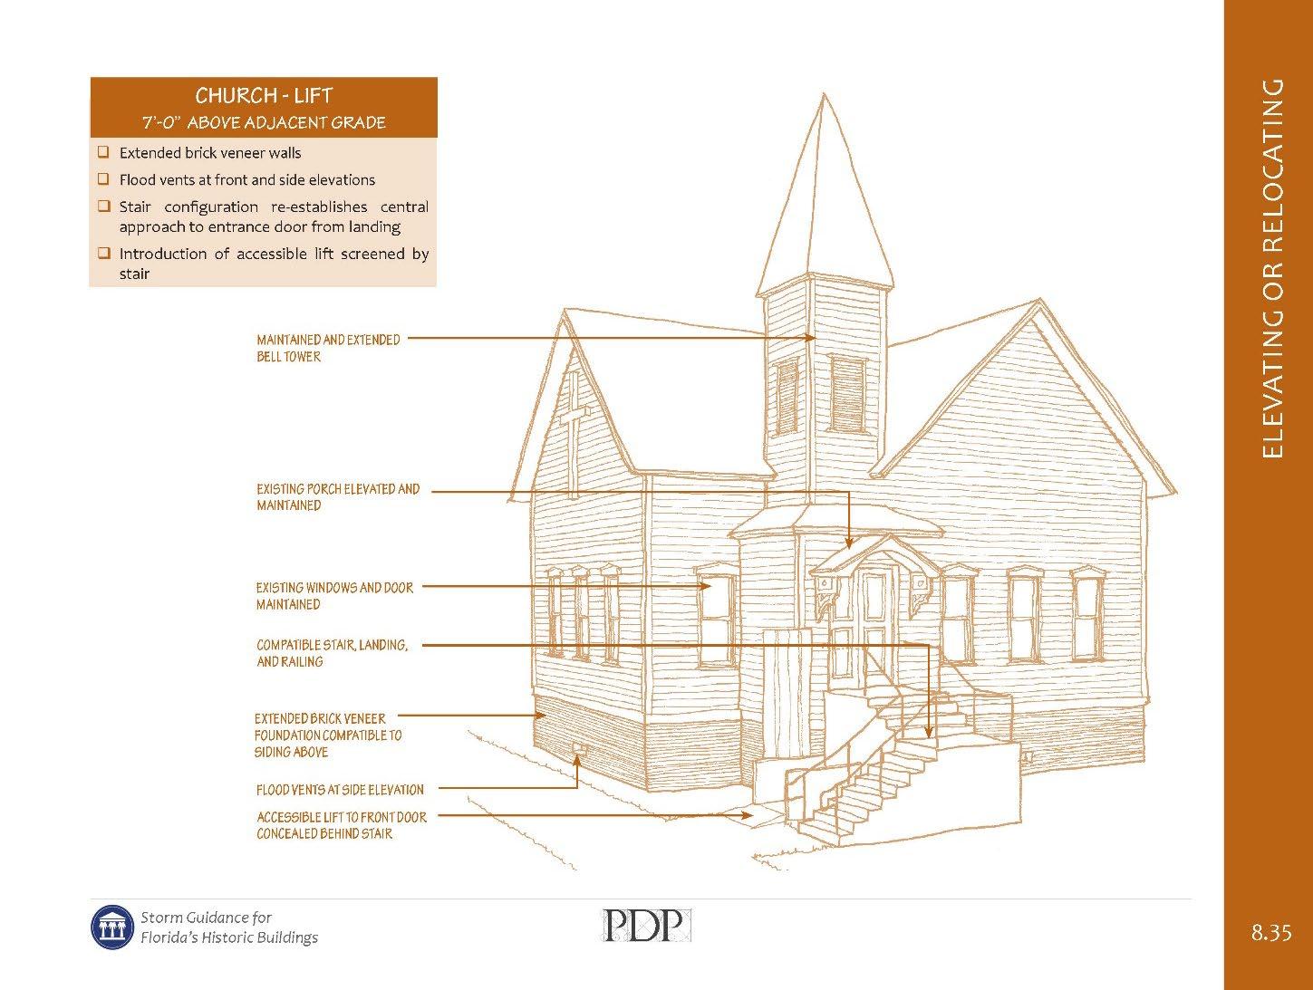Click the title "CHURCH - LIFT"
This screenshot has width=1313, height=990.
pyautogui.click(x=264, y=96)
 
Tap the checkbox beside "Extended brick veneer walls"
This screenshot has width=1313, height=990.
pyautogui.click(x=103, y=152)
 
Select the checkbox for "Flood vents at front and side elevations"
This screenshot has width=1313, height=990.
pyautogui.click(x=103, y=179)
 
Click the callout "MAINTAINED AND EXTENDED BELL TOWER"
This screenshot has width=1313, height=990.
pyautogui.click(x=328, y=348)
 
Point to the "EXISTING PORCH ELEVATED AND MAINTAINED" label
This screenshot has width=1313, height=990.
pyautogui.click(x=338, y=497)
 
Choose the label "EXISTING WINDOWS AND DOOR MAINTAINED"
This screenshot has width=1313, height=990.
pyautogui.click(x=334, y=596)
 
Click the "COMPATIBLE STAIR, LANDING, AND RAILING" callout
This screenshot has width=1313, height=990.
pyautogui.click(x=332, y=653)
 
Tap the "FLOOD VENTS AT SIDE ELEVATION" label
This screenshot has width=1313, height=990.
pyautogui.click(x=340, y=790)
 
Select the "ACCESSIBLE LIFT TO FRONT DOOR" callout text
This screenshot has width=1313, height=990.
pyautogui.click(x=341, y=825)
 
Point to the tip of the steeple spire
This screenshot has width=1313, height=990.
pyautogui.click(x=824, y=94)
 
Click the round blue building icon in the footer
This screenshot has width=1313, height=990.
pyautogui.click(x=112, y=927)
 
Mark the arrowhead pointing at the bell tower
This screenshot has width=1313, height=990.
pyautogui.click(x=813, y=339)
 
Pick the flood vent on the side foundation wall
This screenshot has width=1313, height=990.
pyautogui.click(x=578, y=748)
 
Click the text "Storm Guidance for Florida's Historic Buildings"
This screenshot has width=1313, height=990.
pyautogui.click(x=229, y=927)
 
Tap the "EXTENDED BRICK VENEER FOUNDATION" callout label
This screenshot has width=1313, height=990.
pyautogui.click(x=328, y=735)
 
